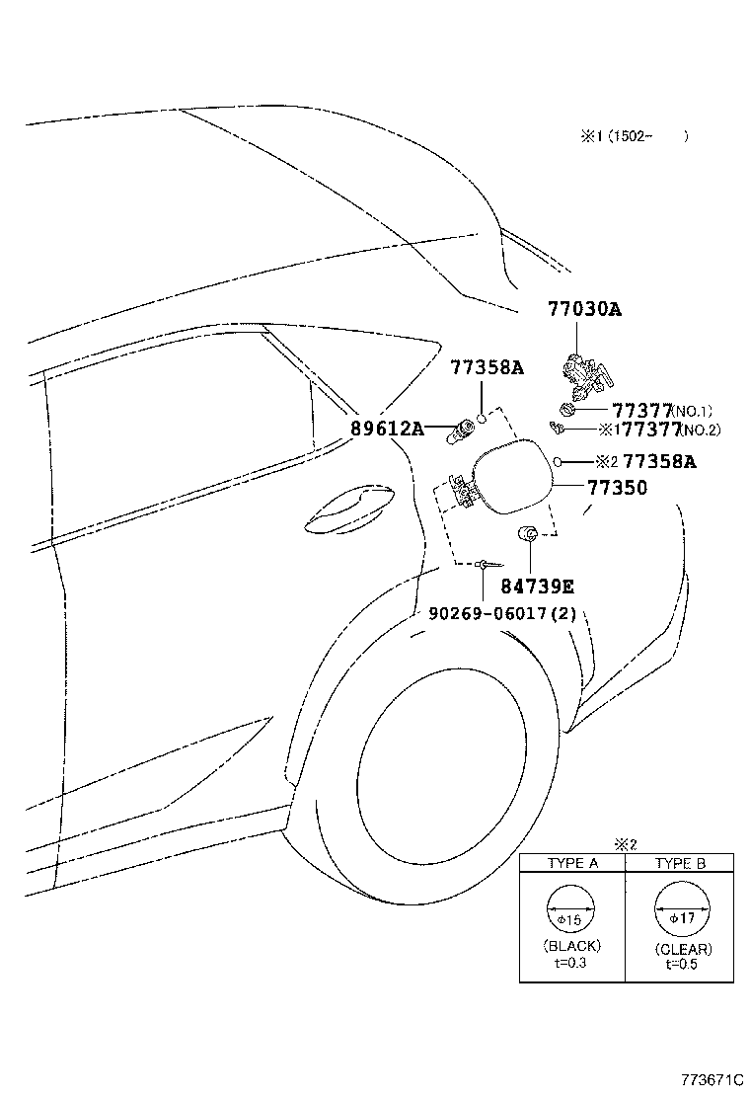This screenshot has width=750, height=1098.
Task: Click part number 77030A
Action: tap(584, 309)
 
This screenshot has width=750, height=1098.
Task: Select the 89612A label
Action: tap(387, 429)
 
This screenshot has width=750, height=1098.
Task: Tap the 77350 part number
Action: tap(617, 488)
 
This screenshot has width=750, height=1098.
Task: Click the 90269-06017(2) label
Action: tap(502, 613)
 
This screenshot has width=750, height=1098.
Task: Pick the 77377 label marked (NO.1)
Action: tap(642, 410)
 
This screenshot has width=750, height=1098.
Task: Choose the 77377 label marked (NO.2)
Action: tap(648, 430)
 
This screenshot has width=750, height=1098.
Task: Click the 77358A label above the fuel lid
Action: tap(487, 368)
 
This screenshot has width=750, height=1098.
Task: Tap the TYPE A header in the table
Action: tap(572, 863)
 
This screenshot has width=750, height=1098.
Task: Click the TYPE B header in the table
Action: tap(680, 863)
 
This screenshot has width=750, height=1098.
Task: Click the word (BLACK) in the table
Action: tap(571, 946)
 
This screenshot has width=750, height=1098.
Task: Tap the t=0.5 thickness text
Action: tap(681, 965)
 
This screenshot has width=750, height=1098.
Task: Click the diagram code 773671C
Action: tap(710, 1079)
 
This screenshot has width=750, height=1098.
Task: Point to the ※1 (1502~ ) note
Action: tap(620, 136)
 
